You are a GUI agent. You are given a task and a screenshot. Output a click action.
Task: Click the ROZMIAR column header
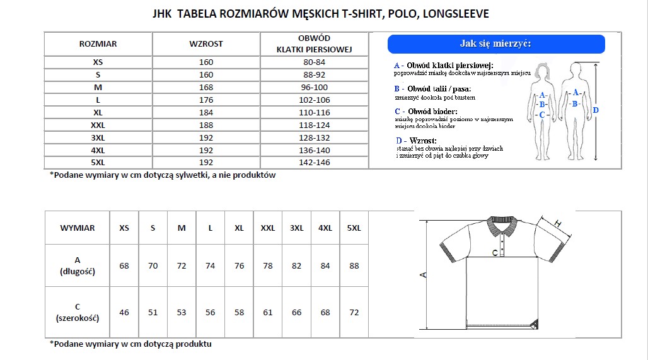[x=98, y=44]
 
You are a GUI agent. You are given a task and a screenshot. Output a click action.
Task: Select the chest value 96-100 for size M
[x=315, y=87]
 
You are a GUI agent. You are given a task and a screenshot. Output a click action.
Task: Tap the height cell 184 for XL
[x=206, y=112]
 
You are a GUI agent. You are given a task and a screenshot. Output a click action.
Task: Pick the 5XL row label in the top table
[x=98, y=162]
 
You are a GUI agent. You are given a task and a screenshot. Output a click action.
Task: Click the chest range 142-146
[x=315, y=162]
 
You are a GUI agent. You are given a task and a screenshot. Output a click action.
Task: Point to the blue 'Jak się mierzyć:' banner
[x=496, y=44]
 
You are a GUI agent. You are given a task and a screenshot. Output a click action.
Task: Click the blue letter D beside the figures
[x=596, y=110]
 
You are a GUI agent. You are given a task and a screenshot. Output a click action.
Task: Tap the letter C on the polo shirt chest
[x=495, y=253]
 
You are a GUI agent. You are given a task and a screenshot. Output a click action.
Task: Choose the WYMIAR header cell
[x=78, y=228]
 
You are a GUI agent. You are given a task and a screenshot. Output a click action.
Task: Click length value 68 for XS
[x=124, y=266]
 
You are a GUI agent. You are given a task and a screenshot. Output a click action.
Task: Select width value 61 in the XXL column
[x=268, y=313]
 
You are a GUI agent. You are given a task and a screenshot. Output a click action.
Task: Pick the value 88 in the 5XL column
[x=354, y=266]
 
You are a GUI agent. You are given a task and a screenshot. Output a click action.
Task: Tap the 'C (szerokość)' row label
[x=78, y=313]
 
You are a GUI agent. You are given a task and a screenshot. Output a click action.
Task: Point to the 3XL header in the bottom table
[x=296, y=228]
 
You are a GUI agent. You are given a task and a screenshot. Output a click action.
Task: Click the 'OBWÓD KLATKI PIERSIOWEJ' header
[x=315, y=44]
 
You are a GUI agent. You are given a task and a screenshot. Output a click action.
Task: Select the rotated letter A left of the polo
[x=424, y=275]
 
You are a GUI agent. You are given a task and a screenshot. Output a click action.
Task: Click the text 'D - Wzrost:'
[x=417, y=140]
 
